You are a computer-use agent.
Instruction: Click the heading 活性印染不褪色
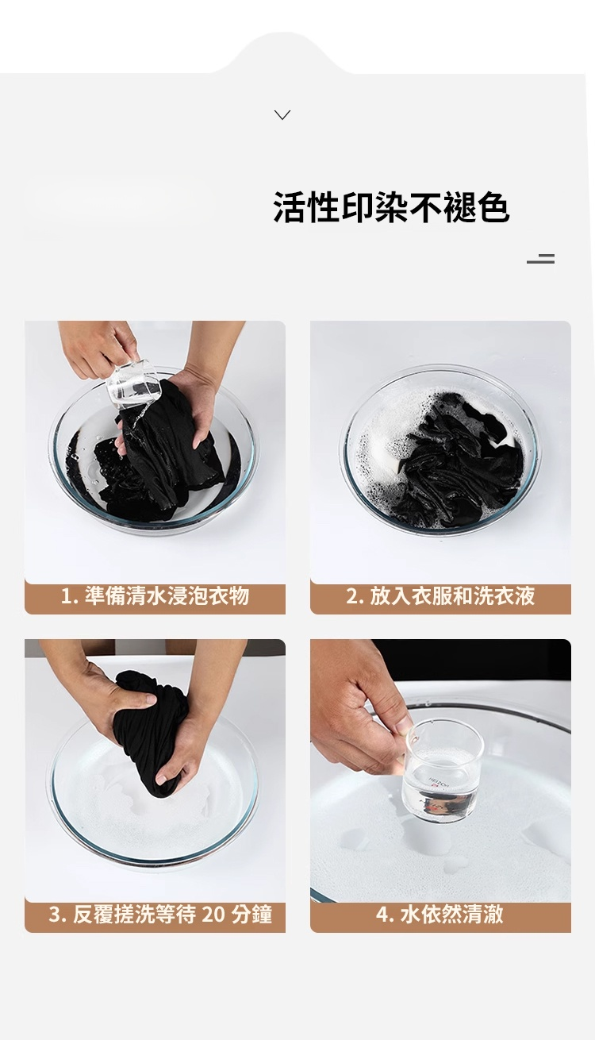[x=391, y=207]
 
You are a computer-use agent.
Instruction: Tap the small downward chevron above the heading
[x=282, y=114]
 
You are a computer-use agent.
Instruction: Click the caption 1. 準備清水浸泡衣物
[x=155, y=596]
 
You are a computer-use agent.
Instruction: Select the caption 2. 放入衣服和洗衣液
[x=440, y=596]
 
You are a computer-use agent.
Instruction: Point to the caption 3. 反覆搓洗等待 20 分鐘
[x=160, y=915]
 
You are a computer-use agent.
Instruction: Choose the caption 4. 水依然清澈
[x=440, y=915]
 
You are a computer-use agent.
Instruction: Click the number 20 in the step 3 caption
[x=213, y=915]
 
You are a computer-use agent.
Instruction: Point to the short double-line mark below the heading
[x=540, y=259]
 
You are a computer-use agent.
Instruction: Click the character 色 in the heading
[x=493, y=207]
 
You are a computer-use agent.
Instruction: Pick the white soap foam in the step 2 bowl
[x=377, y=443]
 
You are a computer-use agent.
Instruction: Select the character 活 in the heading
[x=290, y=207]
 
